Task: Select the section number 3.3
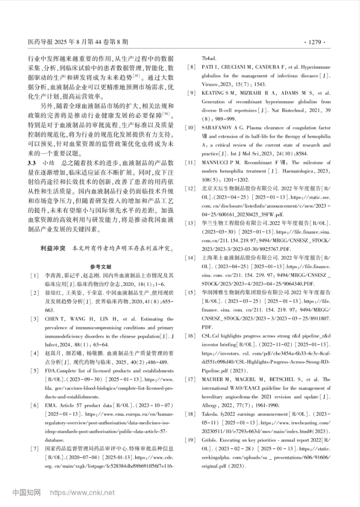(x=32, y=163)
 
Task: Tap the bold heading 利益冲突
(x=53, y=250)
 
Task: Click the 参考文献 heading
(x=103, y=267)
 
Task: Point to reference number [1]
(x=35, y=276)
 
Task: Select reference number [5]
(x=35, y=371)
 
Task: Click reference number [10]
(x=192, y=125)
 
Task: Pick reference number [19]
(x=192, y=439)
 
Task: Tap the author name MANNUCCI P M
(x=223, y=163)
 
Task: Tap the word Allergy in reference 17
(x=211, y=405)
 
